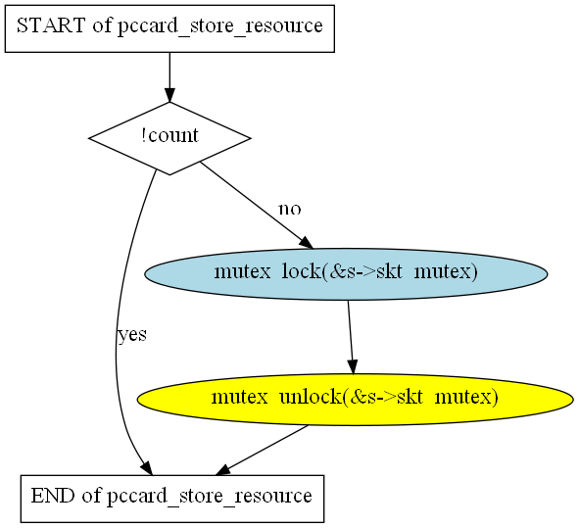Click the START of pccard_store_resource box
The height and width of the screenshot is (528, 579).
(x=169, y=28)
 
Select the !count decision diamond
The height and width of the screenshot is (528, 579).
(x=169, y=138)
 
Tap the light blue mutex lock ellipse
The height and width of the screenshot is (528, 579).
(x=346, y=274)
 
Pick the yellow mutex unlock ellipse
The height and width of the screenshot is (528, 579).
(x=355, y=399)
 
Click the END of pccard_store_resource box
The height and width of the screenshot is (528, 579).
(x=172, y=499)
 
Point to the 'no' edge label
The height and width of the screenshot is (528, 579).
(x=290, y=209)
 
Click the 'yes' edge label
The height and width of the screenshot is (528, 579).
(x=132, y=334)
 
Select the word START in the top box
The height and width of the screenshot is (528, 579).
(x=51, y=25)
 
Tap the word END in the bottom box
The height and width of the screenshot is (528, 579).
(x=53, y=496)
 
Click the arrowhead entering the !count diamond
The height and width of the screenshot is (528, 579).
(x=169, y=95)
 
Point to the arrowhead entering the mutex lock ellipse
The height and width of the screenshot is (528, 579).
(x=306, y=243)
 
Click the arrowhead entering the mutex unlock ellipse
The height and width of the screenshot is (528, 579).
(x=353, y=367)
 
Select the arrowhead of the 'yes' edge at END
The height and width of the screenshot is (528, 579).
(x=147, y=468)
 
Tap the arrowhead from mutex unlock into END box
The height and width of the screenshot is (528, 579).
(x=223, y=470)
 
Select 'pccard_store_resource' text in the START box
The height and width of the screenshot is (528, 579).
(x=220, y=26)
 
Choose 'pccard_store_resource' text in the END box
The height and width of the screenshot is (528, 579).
(x=210, y=497)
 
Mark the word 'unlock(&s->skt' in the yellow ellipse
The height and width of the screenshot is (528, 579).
(x=351, y=397)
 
